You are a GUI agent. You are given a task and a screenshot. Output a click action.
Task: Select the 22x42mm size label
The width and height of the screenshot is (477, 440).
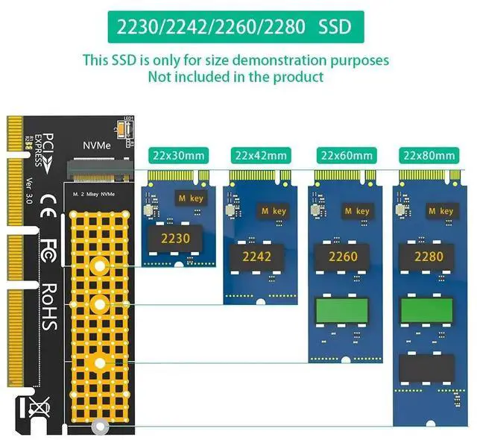(261, 155)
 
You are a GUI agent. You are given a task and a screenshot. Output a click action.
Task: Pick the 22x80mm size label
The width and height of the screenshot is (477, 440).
(429, 155)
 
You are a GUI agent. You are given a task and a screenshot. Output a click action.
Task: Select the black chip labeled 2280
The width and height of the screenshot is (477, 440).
(429, 257)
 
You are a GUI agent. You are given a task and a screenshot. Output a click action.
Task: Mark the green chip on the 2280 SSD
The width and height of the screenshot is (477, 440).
(429, 312)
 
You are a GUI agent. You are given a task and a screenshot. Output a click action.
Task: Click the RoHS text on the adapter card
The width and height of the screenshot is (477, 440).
(49, 307)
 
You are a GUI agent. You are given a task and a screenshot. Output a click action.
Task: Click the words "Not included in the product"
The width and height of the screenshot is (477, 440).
(236, 76)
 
